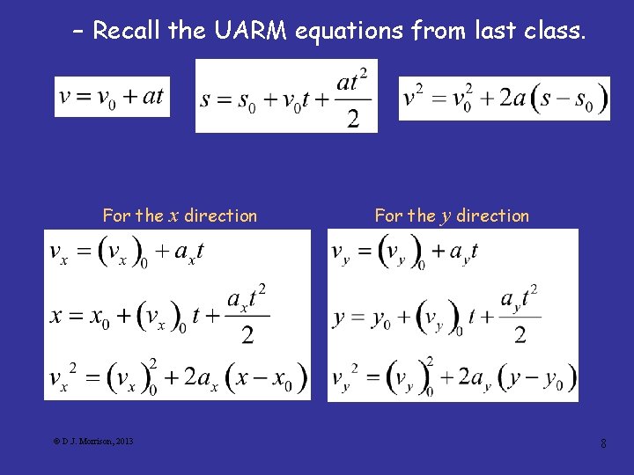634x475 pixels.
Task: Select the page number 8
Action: pyautogui.click(x=603, y=443)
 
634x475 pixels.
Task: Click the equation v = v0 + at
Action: pyautogui.click(x=112, y=96)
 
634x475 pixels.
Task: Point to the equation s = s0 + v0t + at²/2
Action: pyautogui.click(x=286, y=96)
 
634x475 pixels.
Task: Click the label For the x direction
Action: pyautogui.click(x=180, y=216)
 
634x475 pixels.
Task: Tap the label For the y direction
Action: pyautogui.click(x=452, y=216)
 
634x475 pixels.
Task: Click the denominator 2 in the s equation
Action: pyautogui.click(x=352, y=119)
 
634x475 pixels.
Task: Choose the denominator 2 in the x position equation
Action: pyautogui.click(x=247, y=334)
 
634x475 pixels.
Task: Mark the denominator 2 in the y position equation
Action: pyautogui.click(x=520, y=334)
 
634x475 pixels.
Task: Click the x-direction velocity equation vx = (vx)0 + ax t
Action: pyautogui.click(x=128, y=254)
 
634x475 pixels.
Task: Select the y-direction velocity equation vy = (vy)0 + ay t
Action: pyautogui.click(x=404, y=254)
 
